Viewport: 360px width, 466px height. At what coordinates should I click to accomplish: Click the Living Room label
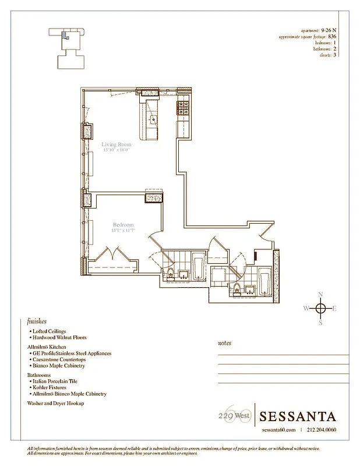coord(116,144)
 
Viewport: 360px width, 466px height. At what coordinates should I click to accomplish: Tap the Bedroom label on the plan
coord(123,225)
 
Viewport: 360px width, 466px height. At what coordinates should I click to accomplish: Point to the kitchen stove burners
coord(183,106)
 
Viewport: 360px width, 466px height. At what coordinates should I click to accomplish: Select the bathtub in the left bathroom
coord(197,266)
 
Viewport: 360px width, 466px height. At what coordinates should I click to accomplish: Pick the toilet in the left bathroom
coord(171,274)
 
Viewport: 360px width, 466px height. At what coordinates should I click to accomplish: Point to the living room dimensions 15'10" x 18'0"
coord(115,150)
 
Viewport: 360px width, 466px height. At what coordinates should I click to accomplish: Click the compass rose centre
coord(320,308)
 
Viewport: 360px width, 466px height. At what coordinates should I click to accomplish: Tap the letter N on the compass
coord(320,295)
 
